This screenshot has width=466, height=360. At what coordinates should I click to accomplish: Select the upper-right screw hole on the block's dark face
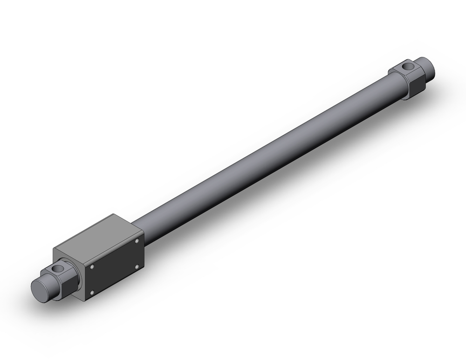[x=137, y=241]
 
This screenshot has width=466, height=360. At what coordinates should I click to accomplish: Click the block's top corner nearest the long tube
[x=113, y=215]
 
